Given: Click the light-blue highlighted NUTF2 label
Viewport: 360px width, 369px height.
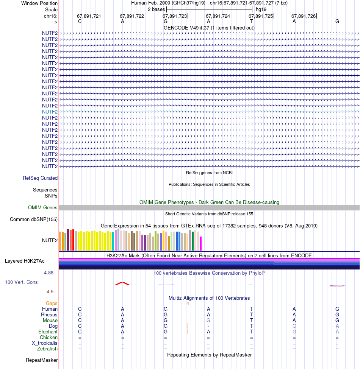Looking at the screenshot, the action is pos(50,112).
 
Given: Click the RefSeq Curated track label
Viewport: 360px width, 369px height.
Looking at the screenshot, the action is pos(40,178).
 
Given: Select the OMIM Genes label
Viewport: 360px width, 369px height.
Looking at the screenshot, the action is pos(43,207).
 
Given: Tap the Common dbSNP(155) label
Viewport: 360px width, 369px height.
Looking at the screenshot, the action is pos(34,220).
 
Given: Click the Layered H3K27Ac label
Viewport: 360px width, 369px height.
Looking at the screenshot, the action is pos(25,261).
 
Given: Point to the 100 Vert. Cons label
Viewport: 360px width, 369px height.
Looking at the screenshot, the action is pos(22,282).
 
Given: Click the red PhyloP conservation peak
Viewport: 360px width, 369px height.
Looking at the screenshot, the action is pos(122,283).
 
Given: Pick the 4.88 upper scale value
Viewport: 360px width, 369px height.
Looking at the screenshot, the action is pos(49,273).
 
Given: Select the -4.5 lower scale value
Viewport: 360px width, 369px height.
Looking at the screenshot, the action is pos(49,292).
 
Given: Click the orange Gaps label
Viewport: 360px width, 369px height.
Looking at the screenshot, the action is pos(52,304).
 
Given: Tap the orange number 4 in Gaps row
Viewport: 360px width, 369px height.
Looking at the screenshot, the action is pos(188,304).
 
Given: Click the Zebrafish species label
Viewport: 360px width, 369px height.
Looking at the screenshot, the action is pos(47,349).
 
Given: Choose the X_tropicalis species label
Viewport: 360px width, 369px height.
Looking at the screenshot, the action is pos(45,343).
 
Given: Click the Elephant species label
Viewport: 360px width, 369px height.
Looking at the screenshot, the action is pos(48,332).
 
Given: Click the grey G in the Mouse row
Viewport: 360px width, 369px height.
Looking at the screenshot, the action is pos(208,320).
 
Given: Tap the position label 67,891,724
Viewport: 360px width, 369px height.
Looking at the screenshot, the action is pos(218,16).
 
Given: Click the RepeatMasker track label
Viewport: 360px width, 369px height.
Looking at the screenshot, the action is pos(42,360).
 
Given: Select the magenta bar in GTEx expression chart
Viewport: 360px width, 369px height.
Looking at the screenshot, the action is pos(201,244).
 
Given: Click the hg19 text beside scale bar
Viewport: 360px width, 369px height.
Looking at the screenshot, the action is pos(261,9).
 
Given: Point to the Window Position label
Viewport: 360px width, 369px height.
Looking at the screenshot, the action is pos(39,3).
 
